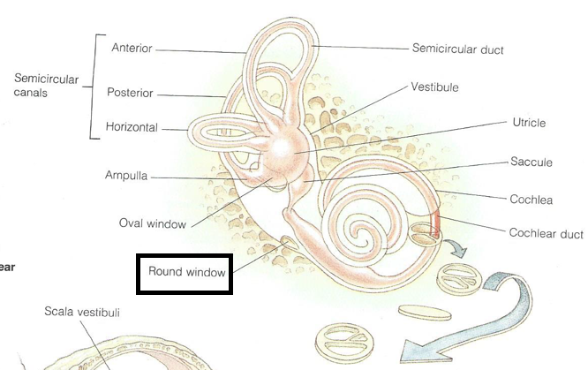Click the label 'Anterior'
click(x=132, y=48)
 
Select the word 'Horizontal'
click(x=132, y=128)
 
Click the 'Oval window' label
click(x=153, y=223)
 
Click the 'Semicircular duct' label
click(x=457, y=49)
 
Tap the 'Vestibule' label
click(x=434, y=88)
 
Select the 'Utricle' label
click(x=529, y=122)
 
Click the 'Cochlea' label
click(x=531, y=200)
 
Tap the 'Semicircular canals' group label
click(x=46, y=86)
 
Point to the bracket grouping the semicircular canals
click(x=92, y=86)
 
